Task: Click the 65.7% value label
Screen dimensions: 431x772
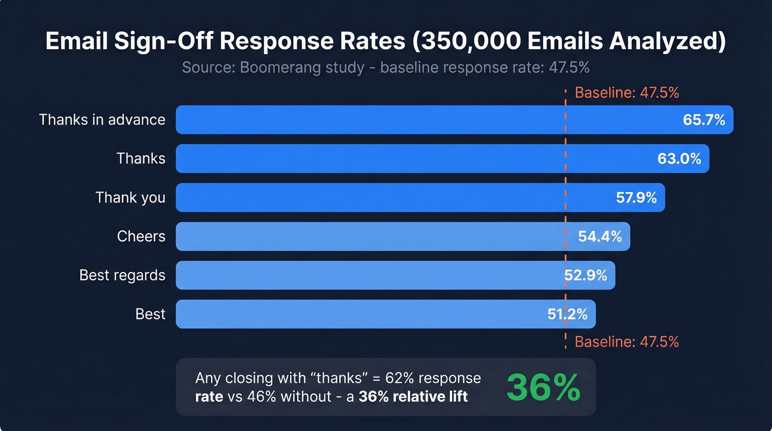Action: [x=704, y=120]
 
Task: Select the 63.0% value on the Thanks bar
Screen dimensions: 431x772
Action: [x=679, y=159]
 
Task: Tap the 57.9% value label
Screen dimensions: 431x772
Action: [x=636, y=198]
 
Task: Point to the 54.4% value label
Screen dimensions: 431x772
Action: [x=599, y=237]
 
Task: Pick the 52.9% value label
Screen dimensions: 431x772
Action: [x=585, y=275]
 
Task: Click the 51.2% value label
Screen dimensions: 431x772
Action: [x=567, y=315]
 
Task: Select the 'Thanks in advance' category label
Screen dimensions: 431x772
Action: [x=102, y=120]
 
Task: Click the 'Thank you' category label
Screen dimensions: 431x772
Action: [x=130, y=198]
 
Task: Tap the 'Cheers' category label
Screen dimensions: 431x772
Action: [x=141, y=237]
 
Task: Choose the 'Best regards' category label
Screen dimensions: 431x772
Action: [x=122, y=275]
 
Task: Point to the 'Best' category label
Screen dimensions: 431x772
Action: [x=150, y=315]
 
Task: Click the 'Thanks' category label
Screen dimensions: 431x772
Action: [x=141, y=159]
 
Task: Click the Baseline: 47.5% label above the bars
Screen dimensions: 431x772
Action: [x=626, y=93]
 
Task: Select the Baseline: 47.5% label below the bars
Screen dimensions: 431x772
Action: [x=626, y=342]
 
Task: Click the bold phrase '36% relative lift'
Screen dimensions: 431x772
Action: [x=413, y=396]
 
